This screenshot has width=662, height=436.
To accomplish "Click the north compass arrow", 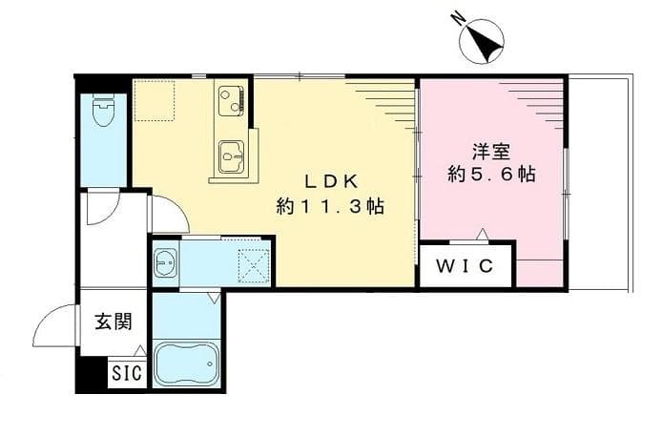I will coord(482,40).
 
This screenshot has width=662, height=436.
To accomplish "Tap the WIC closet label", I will coord(465,266).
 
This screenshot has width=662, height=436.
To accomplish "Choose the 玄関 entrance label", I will coord(113,322).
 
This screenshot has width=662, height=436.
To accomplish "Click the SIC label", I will coord(128,374).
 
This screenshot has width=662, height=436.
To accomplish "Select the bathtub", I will coord(188,363).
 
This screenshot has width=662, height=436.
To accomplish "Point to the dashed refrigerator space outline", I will coord(154,101).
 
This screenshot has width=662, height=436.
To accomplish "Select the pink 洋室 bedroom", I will coord(491,210).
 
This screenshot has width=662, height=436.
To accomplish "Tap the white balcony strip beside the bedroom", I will coord(600,181).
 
